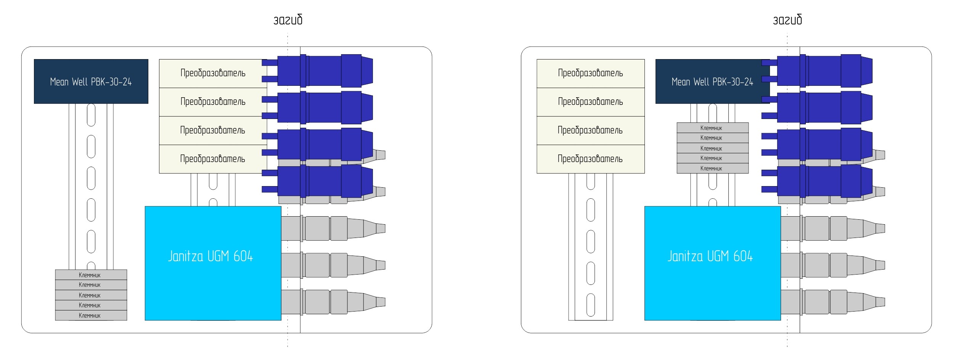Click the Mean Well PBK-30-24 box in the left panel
(x=91, y=81)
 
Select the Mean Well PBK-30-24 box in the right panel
(x=712, y=81)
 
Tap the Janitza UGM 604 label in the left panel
(x=211, y=256)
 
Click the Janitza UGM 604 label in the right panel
(x=710, y=256)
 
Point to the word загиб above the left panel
(x=288, y=20)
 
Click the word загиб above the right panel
(x=787, y=20)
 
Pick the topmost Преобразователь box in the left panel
(x=213, y=73)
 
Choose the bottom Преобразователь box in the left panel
(x=213, y=159)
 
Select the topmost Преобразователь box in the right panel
(x=590, y=73)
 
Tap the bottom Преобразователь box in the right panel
(x=590, y=159)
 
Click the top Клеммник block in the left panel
(x=91, y=275)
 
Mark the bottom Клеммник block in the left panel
(x=91, y=315)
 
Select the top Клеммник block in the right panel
(x=712, y=128)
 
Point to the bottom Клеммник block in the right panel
(x=712, y=168)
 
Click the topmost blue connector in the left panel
(x=324, y=71)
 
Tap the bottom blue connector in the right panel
(x=824, y=181)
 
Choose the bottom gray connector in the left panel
(x=332, y=302)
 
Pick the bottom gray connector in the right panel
(x=831, y=302)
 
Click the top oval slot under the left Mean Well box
(x=91, y=114)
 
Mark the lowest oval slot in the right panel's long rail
(x=590, y=305)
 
